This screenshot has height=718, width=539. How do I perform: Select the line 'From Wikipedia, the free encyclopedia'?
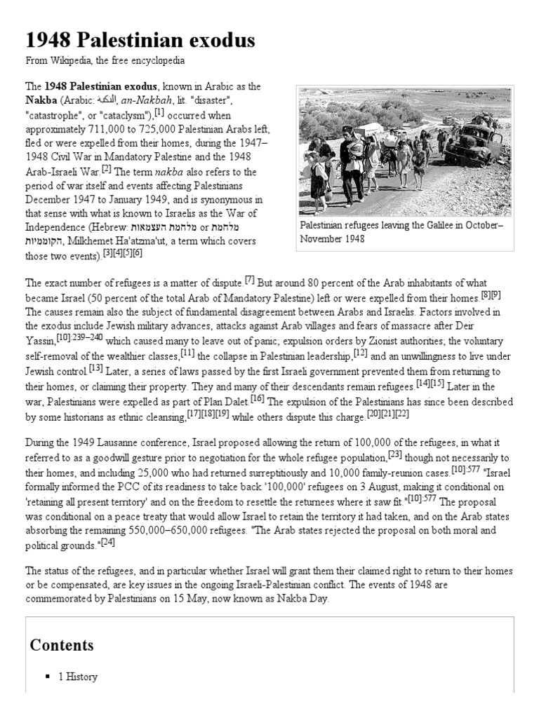[x=105, y=61]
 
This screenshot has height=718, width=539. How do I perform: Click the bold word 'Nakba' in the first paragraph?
[x=41, y=100]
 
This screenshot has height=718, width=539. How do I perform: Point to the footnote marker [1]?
[x=159, y=111]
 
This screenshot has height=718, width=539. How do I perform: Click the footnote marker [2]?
[x=107, y=168]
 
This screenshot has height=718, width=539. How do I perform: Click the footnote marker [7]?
[x=249, y=280]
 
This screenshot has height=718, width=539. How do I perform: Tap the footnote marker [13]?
[x=96, y=367]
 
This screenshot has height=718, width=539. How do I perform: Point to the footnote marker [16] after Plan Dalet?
[x=257, y=398]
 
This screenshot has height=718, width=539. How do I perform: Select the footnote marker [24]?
[x=107, y=541]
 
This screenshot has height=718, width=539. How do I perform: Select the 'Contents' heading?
[x=62, y=645]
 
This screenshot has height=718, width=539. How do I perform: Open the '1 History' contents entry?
[x=78, y=677]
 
